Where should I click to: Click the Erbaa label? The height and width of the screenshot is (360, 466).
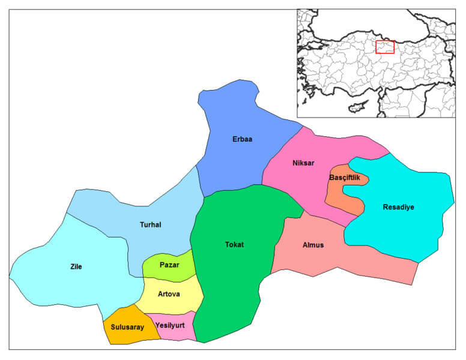point(242,139)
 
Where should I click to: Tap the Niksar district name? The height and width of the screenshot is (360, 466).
point(303,163)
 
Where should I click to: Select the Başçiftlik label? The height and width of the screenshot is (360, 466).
point(345,178)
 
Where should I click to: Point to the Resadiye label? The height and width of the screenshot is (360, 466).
point(399,208)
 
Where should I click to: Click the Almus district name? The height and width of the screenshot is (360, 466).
point(313,245)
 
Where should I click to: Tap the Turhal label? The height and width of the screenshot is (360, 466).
point(150,225)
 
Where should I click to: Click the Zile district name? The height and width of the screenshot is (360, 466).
point(76,266)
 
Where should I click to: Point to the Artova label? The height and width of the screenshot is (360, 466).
point(169,293)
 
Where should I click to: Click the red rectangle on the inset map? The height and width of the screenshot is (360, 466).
point(385,47)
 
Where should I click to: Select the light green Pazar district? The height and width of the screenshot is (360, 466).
point(180,273)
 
